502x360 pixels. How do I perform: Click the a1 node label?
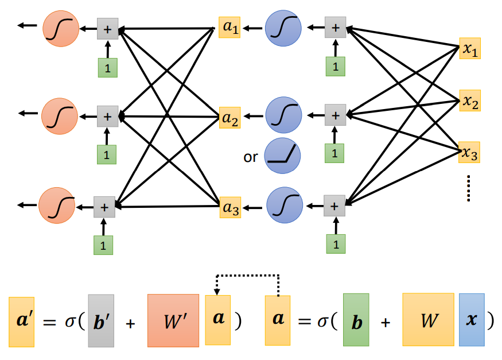click(229, 28)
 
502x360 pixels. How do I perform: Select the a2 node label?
click(230, 119)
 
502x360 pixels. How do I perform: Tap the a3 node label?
click(230, 207)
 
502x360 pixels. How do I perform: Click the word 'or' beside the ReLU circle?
click(251, 156)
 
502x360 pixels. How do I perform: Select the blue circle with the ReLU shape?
click(283, 156)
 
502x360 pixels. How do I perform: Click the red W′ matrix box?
click(173, 320)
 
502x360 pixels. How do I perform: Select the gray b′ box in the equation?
click(101, 321)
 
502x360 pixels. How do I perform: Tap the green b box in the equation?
click(356, 320)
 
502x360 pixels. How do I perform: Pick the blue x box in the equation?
click(472, 320)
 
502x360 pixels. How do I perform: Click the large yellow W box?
click(429, 320)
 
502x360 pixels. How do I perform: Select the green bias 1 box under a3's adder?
click(336, 243)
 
